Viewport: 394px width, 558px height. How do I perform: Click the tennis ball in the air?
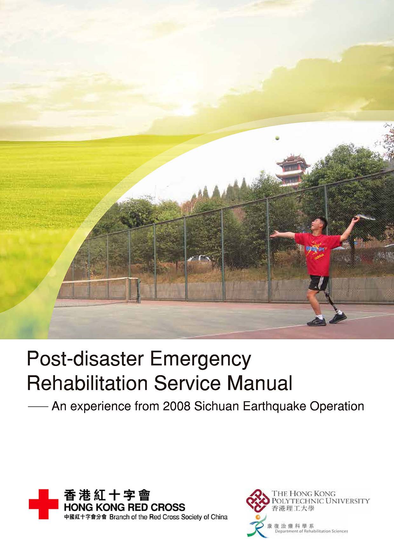277,138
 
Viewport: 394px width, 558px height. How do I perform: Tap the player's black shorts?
318,283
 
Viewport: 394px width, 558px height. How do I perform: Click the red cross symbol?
44,504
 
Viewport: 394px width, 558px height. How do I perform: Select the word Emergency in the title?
200,359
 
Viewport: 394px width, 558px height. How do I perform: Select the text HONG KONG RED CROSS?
125,507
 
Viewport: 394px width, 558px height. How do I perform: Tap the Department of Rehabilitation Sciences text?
311,531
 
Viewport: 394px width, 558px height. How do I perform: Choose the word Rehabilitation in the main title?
88,383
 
